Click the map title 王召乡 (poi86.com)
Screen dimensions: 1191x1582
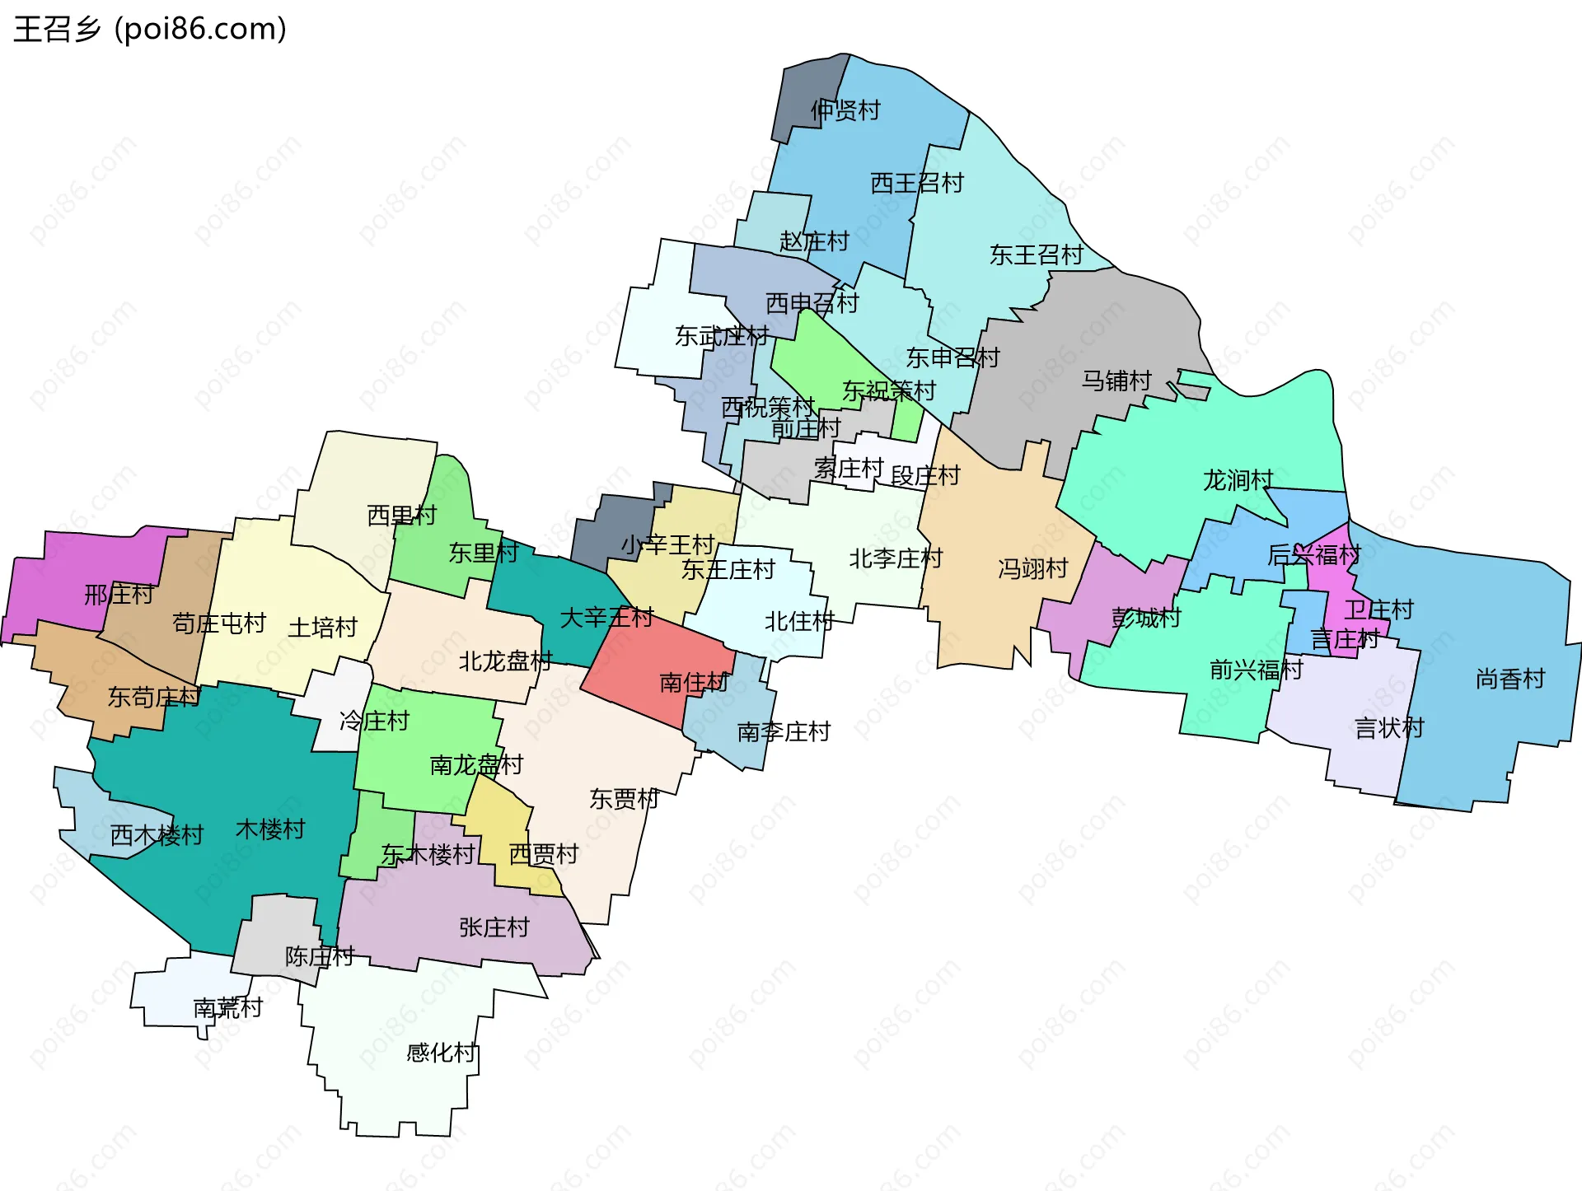(150, 29)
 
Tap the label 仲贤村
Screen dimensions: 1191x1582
(845, 110)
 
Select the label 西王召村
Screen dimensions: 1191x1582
(916, 183)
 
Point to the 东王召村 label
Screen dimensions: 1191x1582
(1036, 255)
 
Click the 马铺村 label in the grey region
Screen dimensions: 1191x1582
(1116, 381)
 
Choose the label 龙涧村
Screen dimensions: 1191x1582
(1238, 480)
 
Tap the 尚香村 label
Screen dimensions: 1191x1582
(1509, 680)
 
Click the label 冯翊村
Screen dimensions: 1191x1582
(1032, 568)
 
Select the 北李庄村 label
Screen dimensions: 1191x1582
(895, 558)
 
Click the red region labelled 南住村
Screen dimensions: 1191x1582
(694, 682)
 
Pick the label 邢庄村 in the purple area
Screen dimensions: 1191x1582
(119, 594)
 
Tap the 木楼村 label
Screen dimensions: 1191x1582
(270, 829)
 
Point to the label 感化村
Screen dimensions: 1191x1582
(441, 1053)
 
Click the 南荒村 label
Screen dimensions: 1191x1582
(227, 1007)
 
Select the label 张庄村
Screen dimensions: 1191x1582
(494, 927)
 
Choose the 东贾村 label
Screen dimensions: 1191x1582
(624, 798)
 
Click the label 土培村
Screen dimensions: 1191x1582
(322, 628)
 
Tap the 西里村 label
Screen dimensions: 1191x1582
(401, 516)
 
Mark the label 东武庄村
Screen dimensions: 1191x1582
(721, 336)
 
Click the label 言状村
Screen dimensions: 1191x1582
(1389, 728)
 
